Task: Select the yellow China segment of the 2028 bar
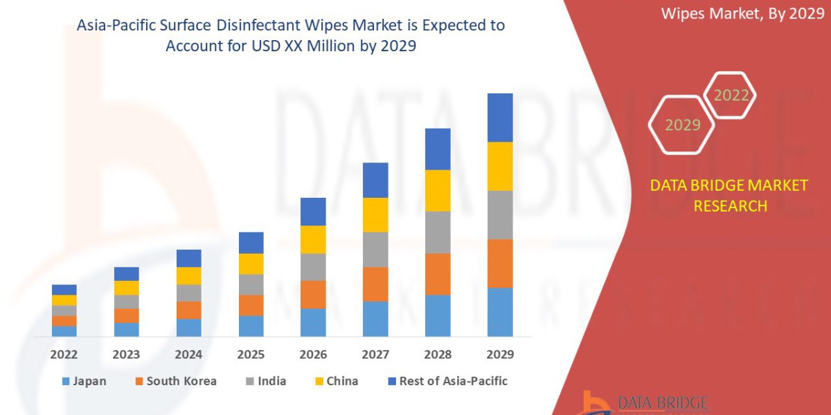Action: (x=438, y=190)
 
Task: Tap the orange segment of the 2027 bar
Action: (x=375, y=284)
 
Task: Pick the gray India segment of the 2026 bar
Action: (x=313, y=267)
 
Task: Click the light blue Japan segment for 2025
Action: (x=251, y=326)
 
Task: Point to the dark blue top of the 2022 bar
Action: (x=64, y=289)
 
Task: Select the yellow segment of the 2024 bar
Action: (x=188, y=275)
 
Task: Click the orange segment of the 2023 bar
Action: (x=126, y=315)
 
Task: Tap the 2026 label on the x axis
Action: (x=313, y=355)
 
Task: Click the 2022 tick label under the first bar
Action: (x=64, y=355)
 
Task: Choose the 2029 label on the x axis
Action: (x=500, y=355)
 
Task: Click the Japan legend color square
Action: (x=66, y=381)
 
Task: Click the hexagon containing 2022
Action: (x=731, y=95)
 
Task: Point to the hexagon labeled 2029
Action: (x=682, y=125)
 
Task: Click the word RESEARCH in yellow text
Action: (x=730, y=206)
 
